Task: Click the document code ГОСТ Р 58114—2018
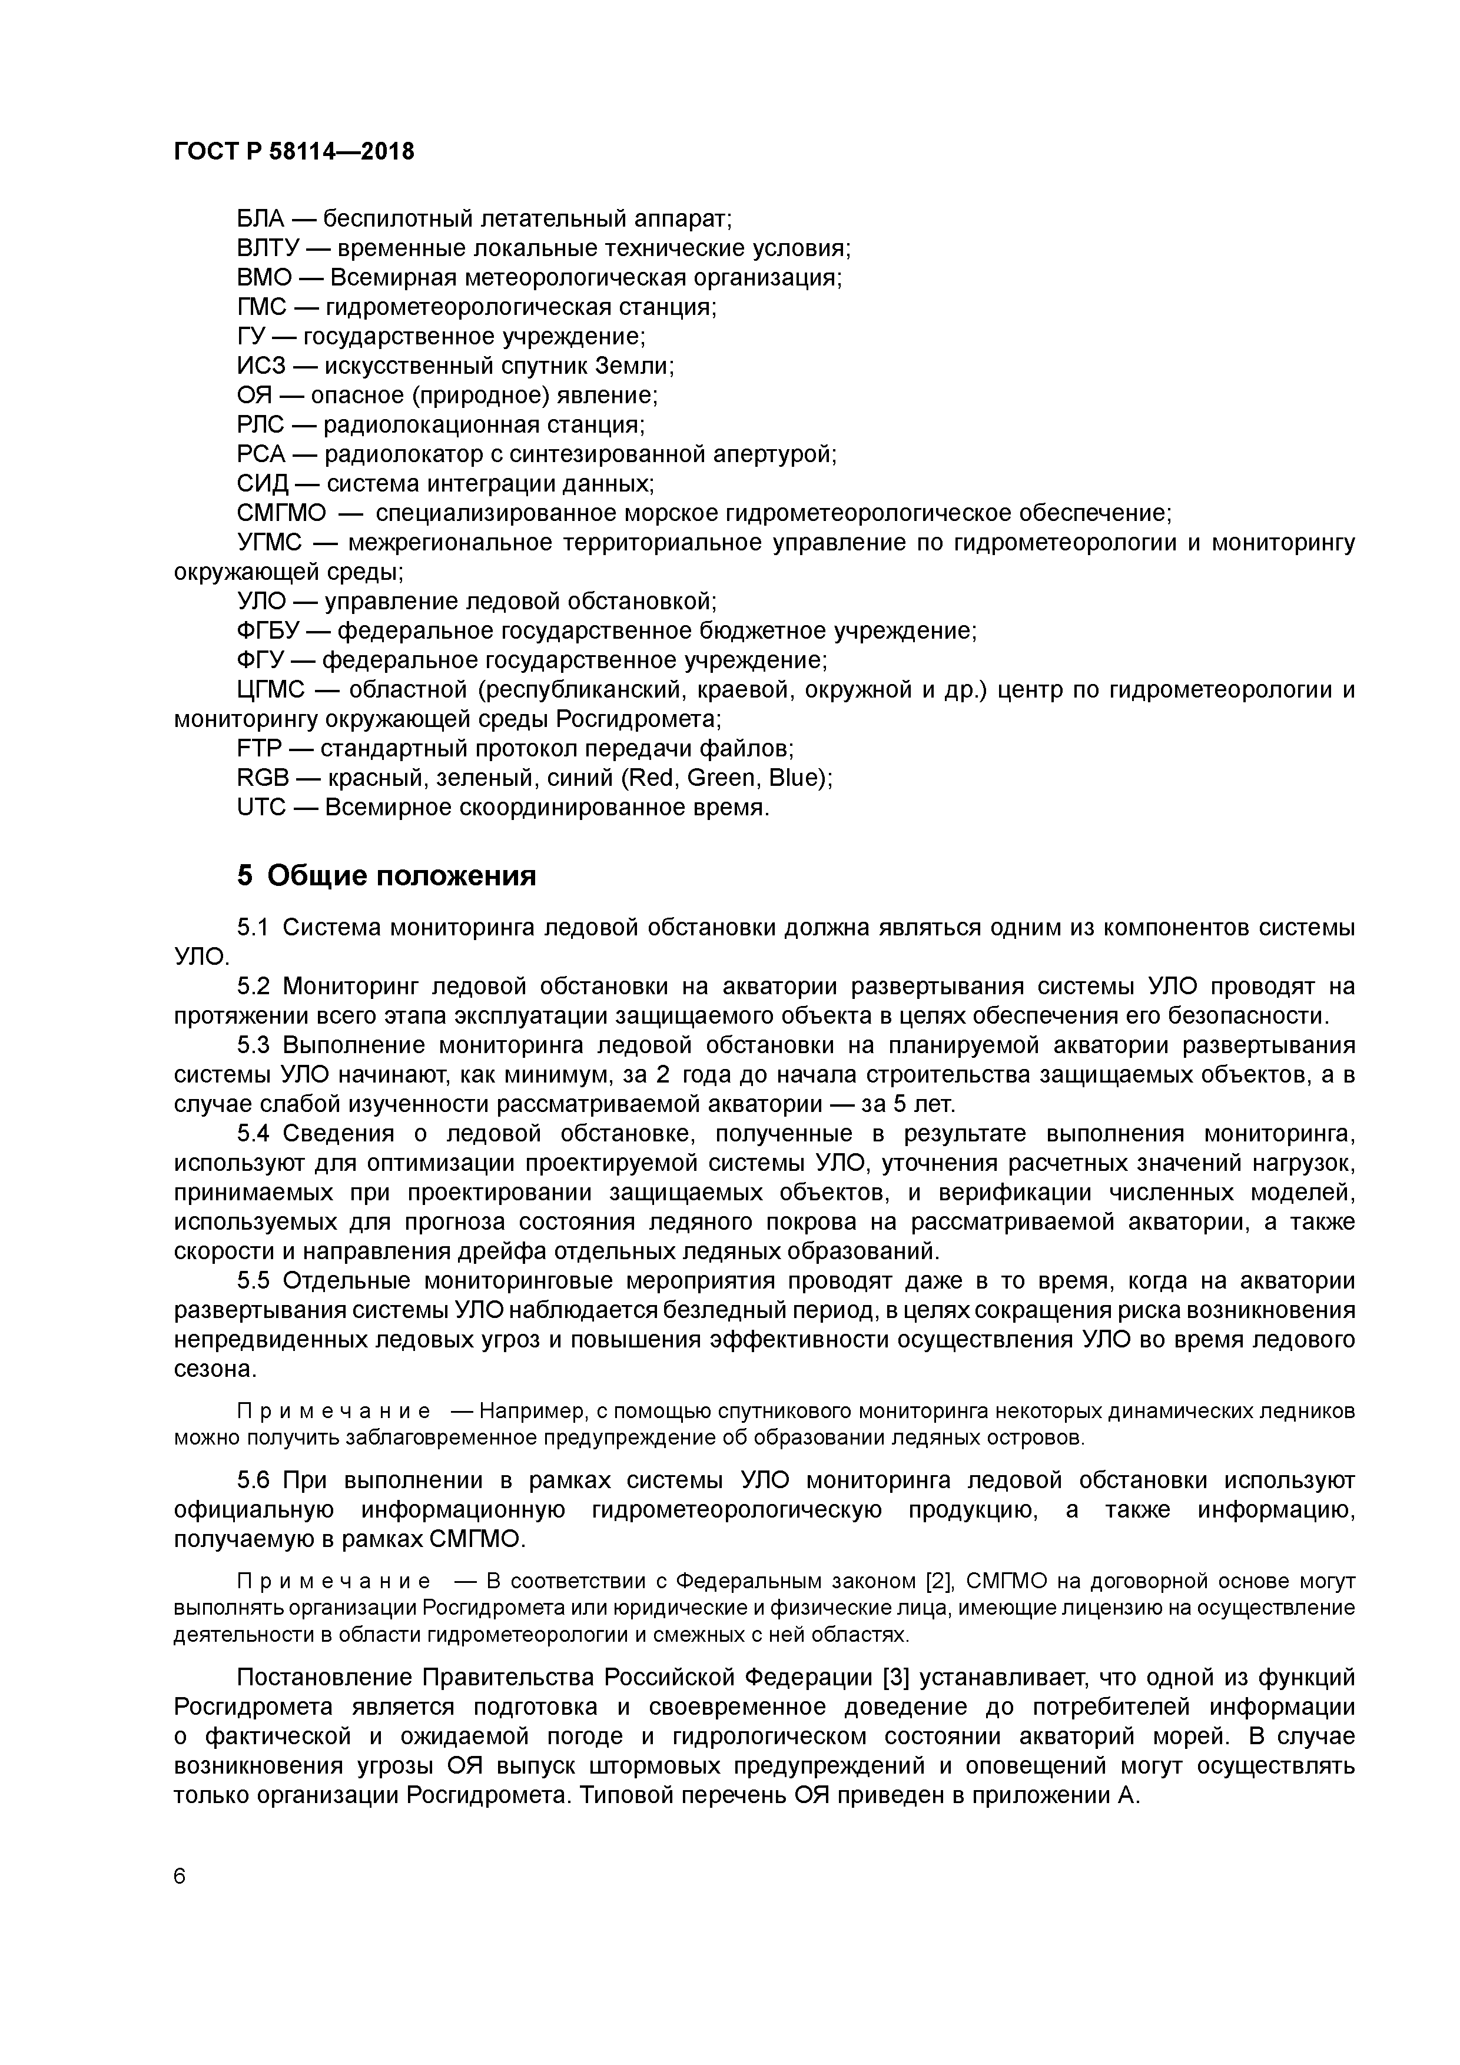click(294, 151)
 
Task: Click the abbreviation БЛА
click(260, 218)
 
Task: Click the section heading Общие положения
click(401, 876)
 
